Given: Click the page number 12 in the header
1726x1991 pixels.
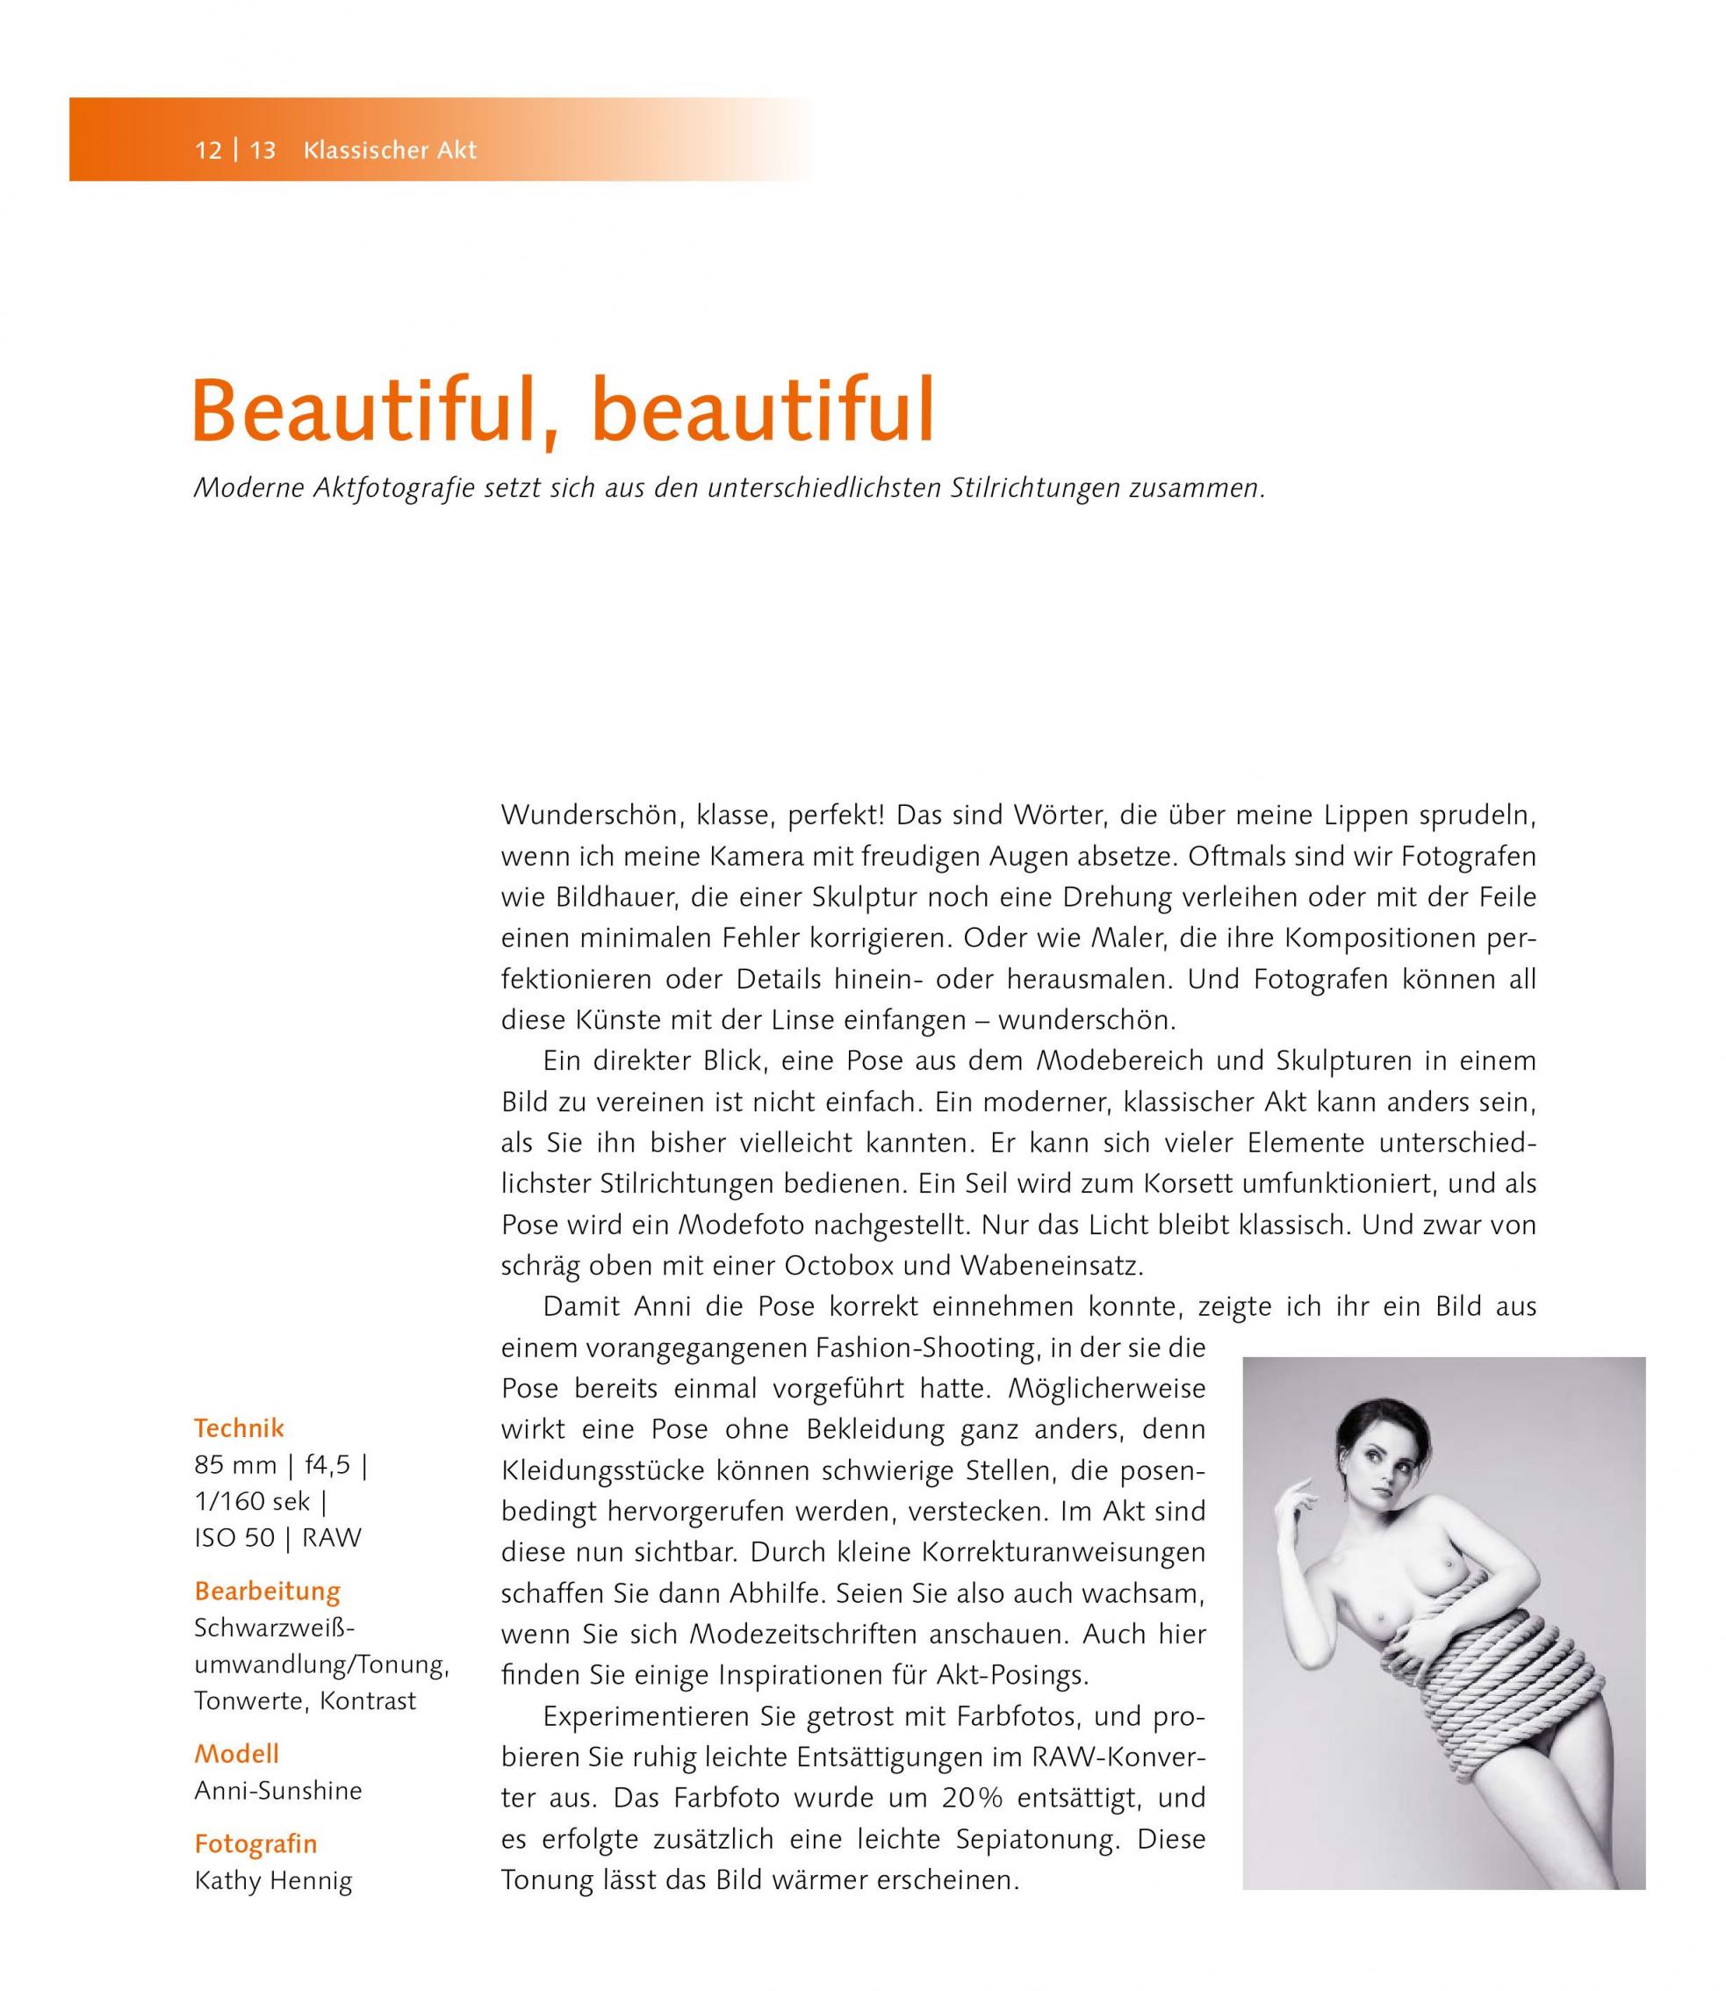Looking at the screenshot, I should [x=208, y=150].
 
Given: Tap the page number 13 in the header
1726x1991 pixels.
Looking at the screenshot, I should [x=263, y=150].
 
